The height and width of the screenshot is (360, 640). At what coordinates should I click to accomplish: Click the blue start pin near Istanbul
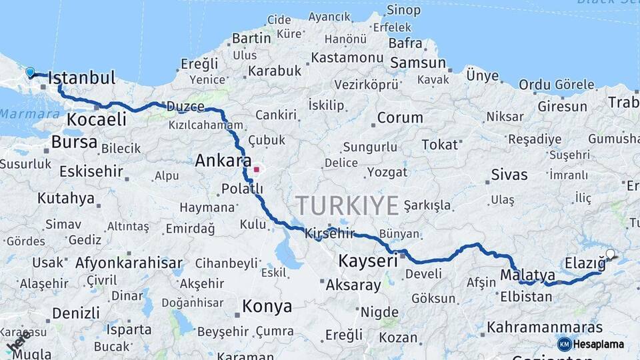pyautogui.click(x=30, y=72)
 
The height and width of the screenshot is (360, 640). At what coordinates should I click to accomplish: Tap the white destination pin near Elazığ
pyautogui.click(x=611, y=254)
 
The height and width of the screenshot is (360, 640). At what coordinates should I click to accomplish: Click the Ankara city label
pyautogui.click(x=223, y=161)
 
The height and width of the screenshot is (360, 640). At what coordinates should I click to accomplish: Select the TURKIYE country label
pyautogui.click(x=347, y=205)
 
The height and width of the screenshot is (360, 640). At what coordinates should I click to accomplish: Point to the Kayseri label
pyautogui.click(x=368, y=261)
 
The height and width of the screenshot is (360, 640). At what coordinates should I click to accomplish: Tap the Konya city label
pyautogui.click(x=267, y=306)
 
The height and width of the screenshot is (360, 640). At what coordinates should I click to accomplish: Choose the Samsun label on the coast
pyautogui.click(x=417, y=63)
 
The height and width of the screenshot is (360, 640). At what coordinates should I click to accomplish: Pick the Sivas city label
pyautogui.click(x=509, y=175)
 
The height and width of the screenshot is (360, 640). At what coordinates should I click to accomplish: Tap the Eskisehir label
pyautogui.click(x=91, y=171)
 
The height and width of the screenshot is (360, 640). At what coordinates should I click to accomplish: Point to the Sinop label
pyautogui.click(x=403, y=10)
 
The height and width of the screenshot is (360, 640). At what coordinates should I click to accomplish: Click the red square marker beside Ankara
pyautogui.click(x=256, y=169)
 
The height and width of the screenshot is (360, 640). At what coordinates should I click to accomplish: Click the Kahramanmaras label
pyautogui.click(x=545, y=327)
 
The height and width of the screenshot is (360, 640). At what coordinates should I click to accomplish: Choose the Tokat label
pyautogui.click(x=440, y=145)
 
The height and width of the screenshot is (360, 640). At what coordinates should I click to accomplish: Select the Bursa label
pyautogui.click(x=74, y=142)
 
